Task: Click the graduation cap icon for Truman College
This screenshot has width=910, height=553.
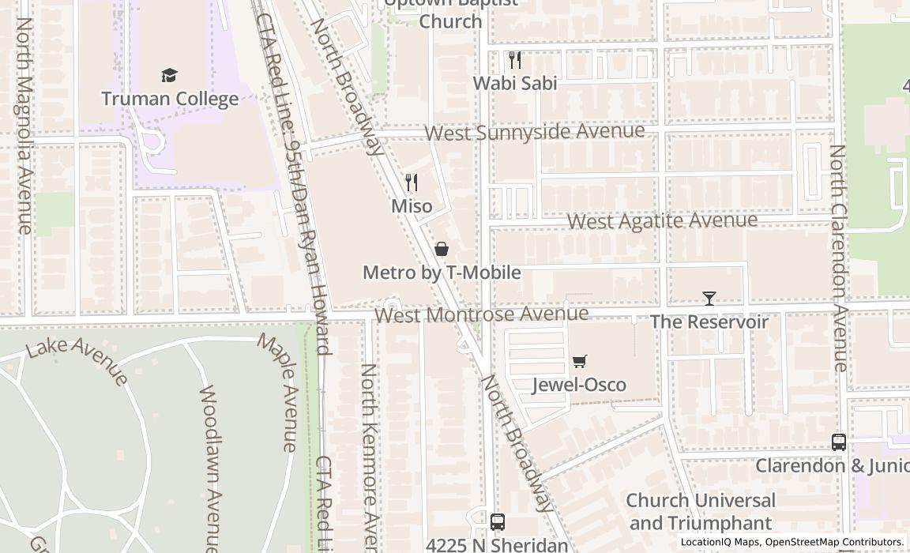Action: click(169, 76)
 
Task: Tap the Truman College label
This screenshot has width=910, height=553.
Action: click(170, 99)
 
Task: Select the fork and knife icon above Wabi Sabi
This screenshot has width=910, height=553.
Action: click(515, 60)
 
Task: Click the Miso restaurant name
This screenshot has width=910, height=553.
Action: click(412, 206)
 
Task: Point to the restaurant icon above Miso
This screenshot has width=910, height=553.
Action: click(411, 183)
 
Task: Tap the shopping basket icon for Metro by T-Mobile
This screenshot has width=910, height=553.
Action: click(442, 250)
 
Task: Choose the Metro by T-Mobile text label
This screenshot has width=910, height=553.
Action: click(442, 273)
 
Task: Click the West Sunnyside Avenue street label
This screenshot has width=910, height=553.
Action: click(535, 131)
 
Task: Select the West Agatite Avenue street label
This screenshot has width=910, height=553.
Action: click(662, 220)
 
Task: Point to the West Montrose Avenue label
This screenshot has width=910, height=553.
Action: click(481, 314)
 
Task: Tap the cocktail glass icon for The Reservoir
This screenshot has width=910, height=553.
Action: click(709, 299)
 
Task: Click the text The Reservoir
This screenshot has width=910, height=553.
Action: click(709, 322)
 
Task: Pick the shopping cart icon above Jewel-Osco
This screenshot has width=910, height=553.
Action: click(580, 362)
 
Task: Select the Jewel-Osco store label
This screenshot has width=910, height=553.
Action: click(579, 385)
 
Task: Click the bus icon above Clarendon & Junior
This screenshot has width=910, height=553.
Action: click(839, 442)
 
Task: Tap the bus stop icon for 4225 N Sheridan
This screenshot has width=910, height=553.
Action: click(497, 521)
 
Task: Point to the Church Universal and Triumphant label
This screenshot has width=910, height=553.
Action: click(701, 511)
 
